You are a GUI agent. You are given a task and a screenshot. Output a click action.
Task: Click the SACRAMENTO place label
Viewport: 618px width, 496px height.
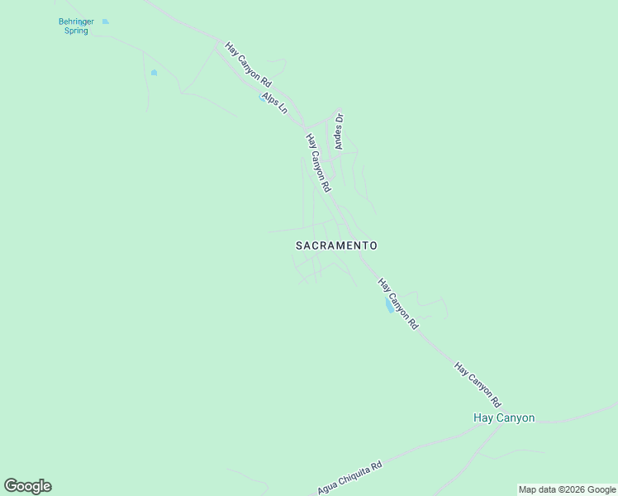(x=336, y=246)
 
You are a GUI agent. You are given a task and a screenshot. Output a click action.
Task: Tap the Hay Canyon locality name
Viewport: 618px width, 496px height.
(x=504, y=417)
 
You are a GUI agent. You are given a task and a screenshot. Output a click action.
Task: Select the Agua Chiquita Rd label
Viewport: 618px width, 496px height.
(x=349, y=478)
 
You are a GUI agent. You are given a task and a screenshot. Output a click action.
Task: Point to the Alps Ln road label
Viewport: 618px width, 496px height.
(x=273, y=103)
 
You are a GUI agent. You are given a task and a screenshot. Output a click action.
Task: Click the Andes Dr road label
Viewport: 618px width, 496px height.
(x=338, y=131)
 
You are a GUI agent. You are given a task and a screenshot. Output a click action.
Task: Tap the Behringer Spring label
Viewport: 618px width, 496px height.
(x=77, y=26)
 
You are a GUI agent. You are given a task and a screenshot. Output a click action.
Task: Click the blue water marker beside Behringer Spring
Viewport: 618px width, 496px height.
(x=106, y=21)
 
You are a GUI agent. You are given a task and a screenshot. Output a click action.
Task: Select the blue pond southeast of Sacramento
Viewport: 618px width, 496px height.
(x=388, y=306)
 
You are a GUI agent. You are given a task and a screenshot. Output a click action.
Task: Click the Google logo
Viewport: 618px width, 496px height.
(x=27, y=485)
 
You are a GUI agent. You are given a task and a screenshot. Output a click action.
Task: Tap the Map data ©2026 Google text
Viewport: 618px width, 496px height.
(x=567, y=489)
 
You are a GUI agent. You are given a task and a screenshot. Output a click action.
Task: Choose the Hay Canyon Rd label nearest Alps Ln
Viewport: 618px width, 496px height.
(x=249, y=65)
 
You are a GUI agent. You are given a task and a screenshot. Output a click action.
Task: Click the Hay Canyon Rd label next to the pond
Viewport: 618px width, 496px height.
(x=398, y=304)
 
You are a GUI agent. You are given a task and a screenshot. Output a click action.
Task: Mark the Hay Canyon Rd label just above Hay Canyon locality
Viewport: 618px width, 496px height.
(x=478, y=384)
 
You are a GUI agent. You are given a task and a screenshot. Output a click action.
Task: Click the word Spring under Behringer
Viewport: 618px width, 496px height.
(x=77, y=31)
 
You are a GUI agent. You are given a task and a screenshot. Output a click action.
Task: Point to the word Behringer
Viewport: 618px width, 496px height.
(x=77, y=21)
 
